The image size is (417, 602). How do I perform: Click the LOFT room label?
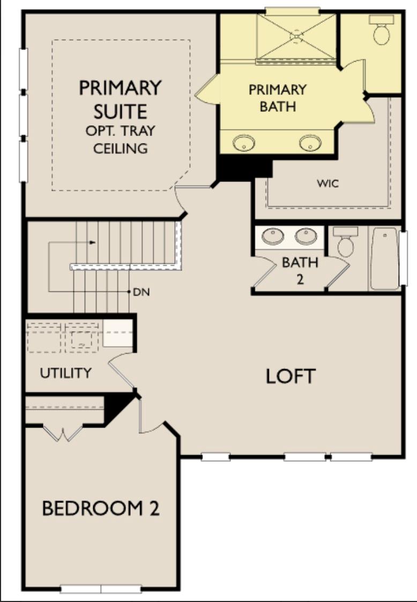coord(291,377)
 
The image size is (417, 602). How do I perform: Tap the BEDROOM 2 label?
coord(101,508)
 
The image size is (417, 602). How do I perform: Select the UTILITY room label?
coord(66,373)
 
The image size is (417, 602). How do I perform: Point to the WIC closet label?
coord(327,184)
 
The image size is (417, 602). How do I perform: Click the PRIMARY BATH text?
coord(277,97)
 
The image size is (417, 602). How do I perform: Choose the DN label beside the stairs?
coord(141,292)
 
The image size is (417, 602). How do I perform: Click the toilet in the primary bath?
coord(382,31)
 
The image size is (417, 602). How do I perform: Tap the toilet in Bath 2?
coord(346,242)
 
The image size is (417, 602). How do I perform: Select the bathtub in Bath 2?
coord(384,258)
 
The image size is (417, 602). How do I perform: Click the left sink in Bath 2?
coord(273,236)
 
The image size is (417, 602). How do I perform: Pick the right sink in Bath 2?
coord(306,236)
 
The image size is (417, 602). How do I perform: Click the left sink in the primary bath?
coord(244,143)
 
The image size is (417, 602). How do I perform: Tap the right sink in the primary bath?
coord(310,143)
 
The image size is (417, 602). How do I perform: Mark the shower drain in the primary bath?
coord(296,36)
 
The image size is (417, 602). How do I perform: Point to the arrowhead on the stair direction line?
coord(93,243)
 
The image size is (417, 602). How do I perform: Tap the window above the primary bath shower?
coord(293,11)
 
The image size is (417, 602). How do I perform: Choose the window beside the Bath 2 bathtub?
coord(404,258)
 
